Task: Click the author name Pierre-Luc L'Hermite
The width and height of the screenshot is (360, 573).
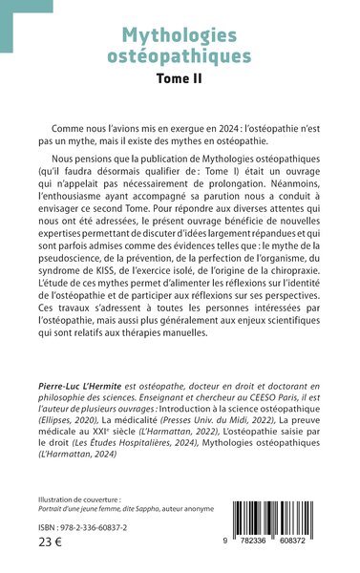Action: pyautogui.click(x=96, y=354)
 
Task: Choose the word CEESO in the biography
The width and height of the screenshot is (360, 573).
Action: pyautogui.click(x=246, y=368)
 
